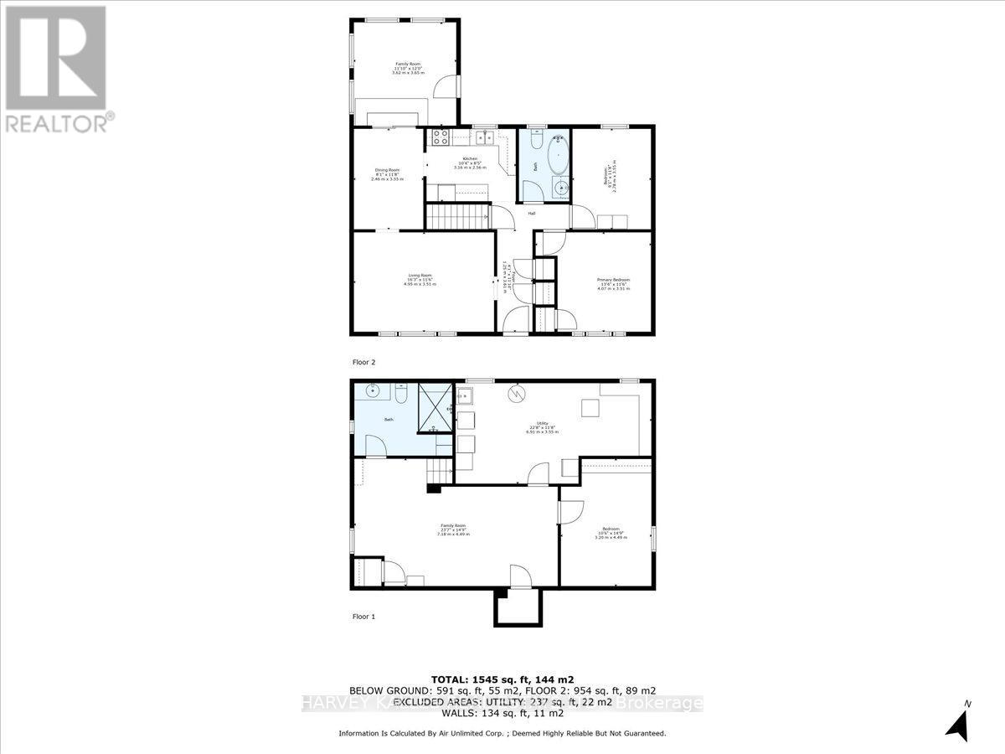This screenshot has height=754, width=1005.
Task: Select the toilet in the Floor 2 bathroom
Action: click(x=533, y=140)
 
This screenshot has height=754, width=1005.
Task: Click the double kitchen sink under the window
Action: click(x=483, y=137)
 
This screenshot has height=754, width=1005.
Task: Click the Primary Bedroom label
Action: click(x=613, y=283)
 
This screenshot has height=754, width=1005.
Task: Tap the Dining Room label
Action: click(x=387, y=174)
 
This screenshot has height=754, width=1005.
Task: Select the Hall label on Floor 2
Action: click(x=532, y=213)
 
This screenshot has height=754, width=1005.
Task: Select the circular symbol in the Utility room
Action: click(x=518, y=393)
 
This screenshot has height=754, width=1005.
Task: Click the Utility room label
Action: click(x=541, y=426)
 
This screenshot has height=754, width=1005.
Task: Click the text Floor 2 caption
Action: click(x=363, y=363)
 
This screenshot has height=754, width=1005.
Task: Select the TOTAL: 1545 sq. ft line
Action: click(x=502, y=679)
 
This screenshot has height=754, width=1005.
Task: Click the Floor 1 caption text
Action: click(x=363, y=616)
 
